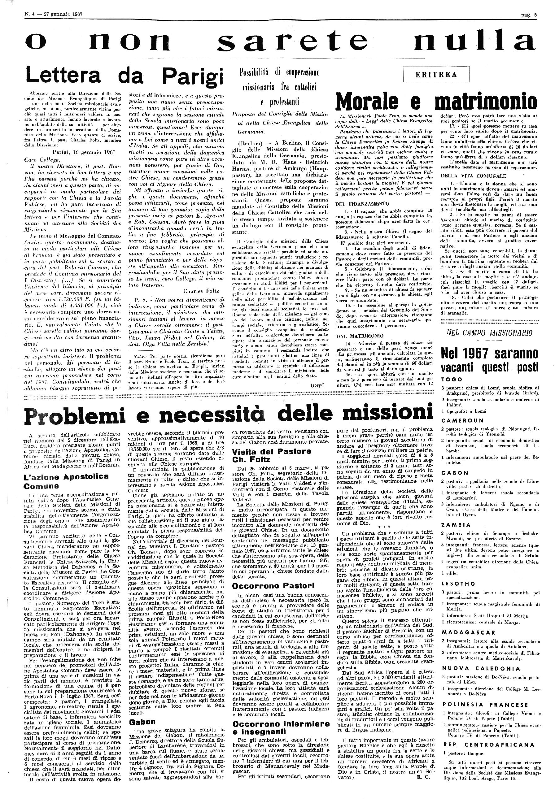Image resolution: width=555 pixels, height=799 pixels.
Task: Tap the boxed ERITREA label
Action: pyautogui.click(x=436, y=74)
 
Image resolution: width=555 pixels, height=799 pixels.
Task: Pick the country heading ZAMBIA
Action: pyautogui.click(x=456, y=525)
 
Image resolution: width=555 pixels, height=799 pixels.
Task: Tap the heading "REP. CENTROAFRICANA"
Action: pyautogui.click(x=489, y=742)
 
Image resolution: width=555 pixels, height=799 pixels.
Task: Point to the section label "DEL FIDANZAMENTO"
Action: pyautogui.click(x=362, y=204)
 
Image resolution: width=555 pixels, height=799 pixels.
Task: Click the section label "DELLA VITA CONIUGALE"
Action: pyautogui.click(x=473, y=176)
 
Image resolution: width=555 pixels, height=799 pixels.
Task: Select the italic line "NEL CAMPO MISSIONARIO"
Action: pyautogui.click(x=489, y=333)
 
